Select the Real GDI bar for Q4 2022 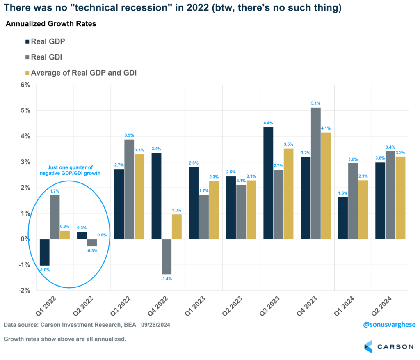tap(166, 257)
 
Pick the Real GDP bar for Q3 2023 tap(268, 183)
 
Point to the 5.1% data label tap(315, 103)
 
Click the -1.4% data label tap(167, 279)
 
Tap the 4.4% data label tap(267, 123)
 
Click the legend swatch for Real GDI tap(27, 57)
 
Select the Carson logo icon tap(368, 346)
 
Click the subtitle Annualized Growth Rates tap(50, 24)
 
